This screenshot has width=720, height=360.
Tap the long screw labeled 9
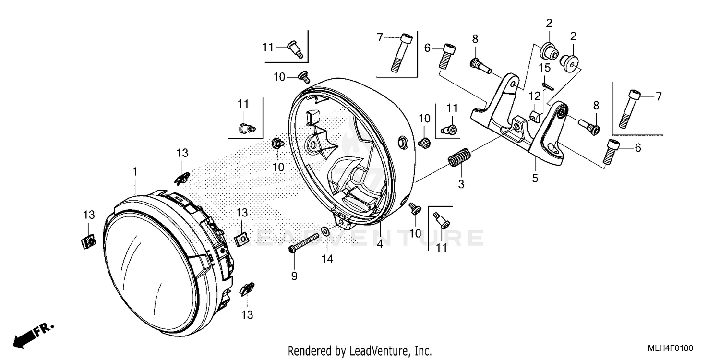pos(305,243)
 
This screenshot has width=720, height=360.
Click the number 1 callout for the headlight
pos(135,171)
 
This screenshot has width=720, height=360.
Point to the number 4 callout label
pos(379,244)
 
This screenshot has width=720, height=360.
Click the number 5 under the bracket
pos(535,179)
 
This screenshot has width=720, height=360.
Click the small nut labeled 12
pos(535,116)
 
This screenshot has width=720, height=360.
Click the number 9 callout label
pos(294,276)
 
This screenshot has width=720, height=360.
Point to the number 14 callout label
pos(327,259)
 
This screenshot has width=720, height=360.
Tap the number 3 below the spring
pos(461,184)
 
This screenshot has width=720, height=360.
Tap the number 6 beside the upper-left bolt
pos(427,48)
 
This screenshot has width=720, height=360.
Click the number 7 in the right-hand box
pos(659,96)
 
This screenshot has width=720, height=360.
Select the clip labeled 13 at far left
pos(87,242)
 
